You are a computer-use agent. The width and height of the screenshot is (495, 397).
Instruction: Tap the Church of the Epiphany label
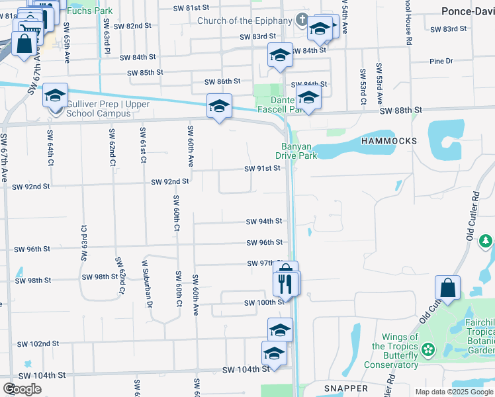[244, 21]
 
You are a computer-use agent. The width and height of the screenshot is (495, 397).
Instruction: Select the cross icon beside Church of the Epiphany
[302, 20]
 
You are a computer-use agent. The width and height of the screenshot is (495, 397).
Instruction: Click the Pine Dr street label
[441, 61]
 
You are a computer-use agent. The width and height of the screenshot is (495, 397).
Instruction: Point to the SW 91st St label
[263, 169]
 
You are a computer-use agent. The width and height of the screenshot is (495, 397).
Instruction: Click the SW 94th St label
[264, 221]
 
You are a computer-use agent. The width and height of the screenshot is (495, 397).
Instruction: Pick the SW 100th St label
[263, 302]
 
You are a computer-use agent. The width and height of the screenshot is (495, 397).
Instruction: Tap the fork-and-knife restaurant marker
[285, 283]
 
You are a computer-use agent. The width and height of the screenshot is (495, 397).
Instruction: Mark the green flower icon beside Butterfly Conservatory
[428, 348]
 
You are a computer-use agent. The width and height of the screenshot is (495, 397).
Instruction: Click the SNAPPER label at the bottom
[346, 388]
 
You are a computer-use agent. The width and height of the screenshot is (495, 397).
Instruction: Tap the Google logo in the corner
[22, 389]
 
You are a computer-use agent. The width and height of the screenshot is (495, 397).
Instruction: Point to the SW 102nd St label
[38, 343]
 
